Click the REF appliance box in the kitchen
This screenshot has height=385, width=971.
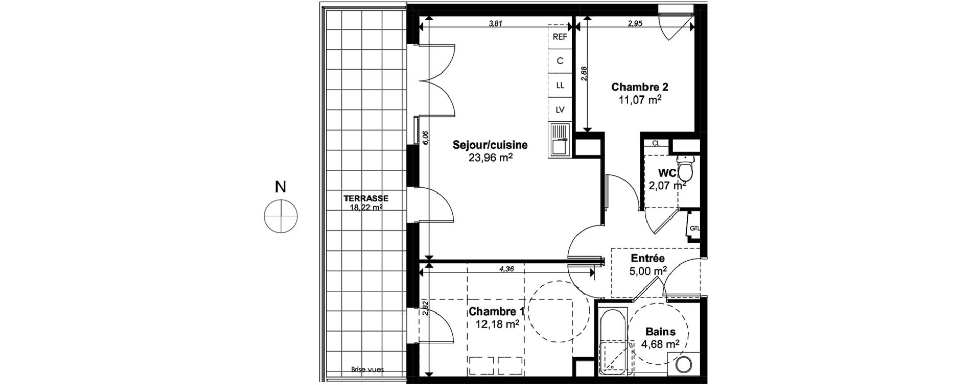click(560, 37)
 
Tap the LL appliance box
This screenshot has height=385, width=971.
click(560, 85)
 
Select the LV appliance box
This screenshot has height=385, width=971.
click(560, 110)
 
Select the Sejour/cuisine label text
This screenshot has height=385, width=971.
click(490, 145)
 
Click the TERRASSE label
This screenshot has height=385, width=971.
click(366, 198)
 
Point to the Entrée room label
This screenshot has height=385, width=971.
click(648, 259)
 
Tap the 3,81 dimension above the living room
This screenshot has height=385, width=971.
click(496, 23)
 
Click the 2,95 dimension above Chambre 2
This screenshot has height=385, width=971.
click(635, 23)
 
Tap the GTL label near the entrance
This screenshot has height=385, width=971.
click(695, 228)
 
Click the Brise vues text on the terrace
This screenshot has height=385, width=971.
click(367, 369)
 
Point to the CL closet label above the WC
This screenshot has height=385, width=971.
click(656, 144)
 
